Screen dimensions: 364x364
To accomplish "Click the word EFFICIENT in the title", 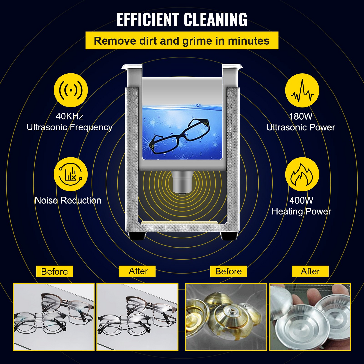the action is pos(148,19).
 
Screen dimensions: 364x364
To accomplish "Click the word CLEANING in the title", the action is pos(215,19).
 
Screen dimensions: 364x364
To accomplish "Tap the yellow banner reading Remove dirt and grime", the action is pos(182,41).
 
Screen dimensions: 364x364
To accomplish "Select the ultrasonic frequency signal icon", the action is pos(71,90).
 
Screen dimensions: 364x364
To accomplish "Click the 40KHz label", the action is pos(70,116).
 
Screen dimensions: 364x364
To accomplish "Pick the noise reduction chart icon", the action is pos(71,174).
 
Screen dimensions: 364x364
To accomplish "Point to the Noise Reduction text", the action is pos(68,201).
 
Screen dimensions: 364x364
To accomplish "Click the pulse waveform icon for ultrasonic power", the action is pos(302,90).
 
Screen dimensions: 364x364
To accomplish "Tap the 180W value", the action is pos(301,116).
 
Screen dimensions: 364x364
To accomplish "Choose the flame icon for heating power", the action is pos(302,174).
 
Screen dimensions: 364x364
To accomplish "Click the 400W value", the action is pos(301,201).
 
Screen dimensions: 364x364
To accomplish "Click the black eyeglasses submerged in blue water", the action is pos(179,136).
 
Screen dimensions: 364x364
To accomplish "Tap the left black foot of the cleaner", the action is pos(137,236).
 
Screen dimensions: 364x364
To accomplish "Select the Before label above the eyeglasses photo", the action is pos(54,271).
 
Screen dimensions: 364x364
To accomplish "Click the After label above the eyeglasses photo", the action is pos(137,271).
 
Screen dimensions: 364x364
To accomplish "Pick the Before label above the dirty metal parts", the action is pos(228,271).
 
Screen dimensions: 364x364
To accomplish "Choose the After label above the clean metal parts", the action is pos(310,271).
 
